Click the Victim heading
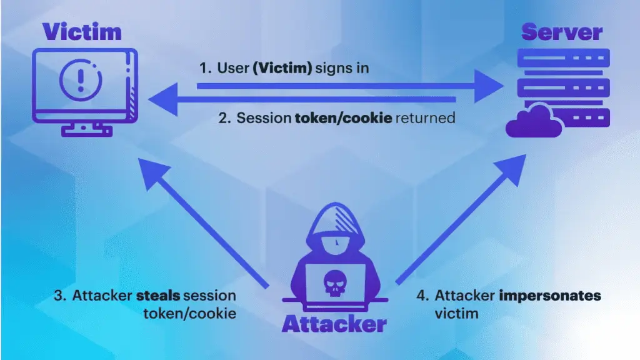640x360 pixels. tap(81, 32)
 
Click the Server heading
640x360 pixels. tap(562, 32)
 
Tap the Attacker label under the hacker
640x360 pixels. tap(334, 324)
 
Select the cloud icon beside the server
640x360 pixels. tap(534, 121)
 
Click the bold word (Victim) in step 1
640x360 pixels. tap(282, 67)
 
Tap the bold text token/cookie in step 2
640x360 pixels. tap(343, 118)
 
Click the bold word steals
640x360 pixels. tap(157, 296)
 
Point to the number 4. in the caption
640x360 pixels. tap(422, 296)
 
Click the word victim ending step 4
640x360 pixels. tap(456, 312)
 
